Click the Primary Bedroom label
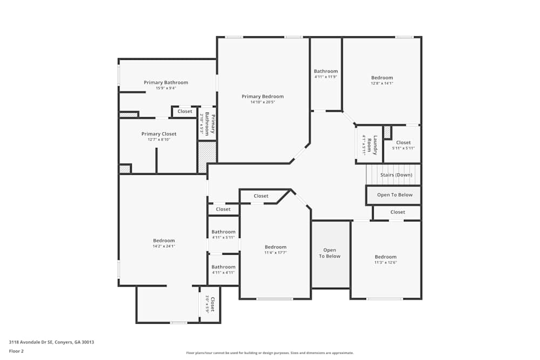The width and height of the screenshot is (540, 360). click(262, 97)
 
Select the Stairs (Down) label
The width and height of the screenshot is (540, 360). click(396, 175)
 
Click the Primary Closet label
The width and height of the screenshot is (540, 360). click(159, 134)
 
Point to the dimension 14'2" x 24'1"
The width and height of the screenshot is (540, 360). click(164, 246)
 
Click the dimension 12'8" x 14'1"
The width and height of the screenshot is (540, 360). click(382, 83)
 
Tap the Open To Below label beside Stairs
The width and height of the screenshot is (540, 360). click(394, 195)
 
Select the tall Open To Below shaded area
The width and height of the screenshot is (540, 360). click(329, 253)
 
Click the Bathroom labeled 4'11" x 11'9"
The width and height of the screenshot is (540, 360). click(326, 71)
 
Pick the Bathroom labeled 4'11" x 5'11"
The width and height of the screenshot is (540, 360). click(223, 232)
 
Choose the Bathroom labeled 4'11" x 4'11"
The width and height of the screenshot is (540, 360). click(223, 267)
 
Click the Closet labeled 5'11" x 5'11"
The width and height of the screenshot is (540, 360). click(403, 142)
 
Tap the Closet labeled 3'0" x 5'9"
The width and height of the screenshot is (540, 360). click(212, 304)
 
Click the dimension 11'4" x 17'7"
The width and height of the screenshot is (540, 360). click(275, 253)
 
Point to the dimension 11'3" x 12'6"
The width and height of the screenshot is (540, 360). click(386, 262)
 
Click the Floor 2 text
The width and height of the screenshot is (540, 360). click(16, 351)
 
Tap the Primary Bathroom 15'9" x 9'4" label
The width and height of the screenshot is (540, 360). click(166, 83)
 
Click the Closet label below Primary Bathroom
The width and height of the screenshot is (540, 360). click(185, 111)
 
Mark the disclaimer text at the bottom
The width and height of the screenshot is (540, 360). click(270, 353)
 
